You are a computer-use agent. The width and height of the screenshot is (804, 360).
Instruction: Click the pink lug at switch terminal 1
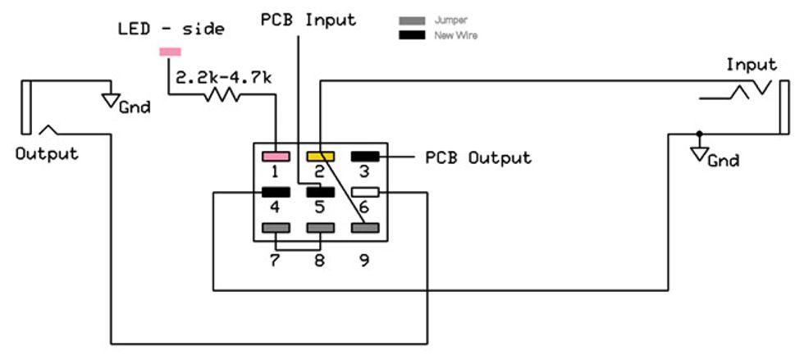[275, 156]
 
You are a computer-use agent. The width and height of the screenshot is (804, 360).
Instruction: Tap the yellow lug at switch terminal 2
[320, 156]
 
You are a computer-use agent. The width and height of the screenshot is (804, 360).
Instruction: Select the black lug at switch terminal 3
[364, 156]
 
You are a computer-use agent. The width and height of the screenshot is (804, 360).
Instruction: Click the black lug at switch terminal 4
[275, 192]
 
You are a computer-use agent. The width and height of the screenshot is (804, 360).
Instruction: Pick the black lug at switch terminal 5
[320, 192]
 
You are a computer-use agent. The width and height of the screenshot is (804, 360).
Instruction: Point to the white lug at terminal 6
[364, 192]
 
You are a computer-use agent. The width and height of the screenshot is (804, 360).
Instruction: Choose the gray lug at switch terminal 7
[275, 228]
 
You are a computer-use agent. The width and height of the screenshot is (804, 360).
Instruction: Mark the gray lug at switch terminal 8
[320, 228]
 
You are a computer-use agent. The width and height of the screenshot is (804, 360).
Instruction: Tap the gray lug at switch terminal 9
[364, 228]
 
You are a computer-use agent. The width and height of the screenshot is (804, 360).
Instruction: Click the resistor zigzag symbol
[222, 95]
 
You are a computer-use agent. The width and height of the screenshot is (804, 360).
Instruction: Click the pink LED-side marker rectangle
[171, 52]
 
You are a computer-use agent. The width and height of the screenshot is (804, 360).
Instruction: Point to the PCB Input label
[308, 20]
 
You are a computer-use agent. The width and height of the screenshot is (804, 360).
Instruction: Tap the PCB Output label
[477, 157]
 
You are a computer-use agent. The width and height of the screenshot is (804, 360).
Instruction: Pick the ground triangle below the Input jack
[699, 154]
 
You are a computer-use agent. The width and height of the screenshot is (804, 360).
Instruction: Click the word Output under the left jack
[47, 154]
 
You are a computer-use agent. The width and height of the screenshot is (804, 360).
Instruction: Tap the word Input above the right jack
[751, 65]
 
